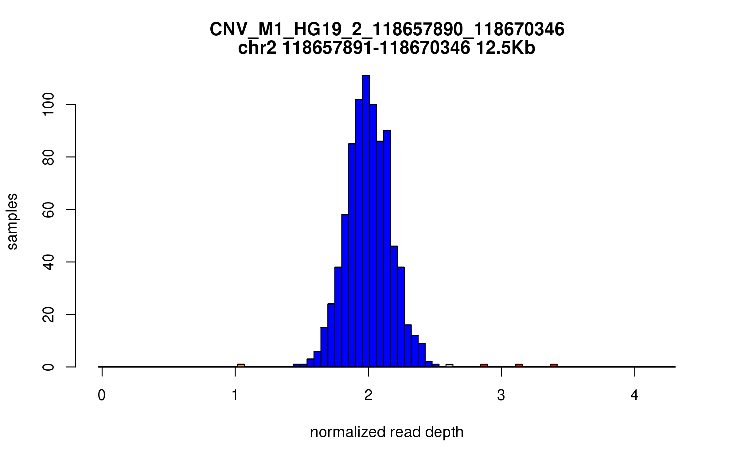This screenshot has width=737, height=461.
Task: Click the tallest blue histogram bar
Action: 366,221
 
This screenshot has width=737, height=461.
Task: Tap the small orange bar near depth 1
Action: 241,365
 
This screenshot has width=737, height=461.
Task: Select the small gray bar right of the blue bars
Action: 449,365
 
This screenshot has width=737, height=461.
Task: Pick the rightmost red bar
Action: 554,365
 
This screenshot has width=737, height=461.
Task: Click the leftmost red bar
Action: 484,365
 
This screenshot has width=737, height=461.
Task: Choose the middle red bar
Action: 519,365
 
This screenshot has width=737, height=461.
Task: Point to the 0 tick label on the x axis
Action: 102,395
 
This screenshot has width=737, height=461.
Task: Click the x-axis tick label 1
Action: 235,395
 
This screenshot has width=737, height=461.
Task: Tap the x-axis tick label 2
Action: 368,395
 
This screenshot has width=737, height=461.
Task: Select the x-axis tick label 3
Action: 501,395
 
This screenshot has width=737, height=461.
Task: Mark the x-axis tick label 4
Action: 634,395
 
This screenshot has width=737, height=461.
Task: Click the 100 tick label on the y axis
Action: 49,105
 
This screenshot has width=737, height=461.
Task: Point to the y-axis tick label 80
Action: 49,157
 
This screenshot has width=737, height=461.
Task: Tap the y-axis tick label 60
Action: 49,210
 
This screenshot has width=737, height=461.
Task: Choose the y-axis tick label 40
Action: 49,262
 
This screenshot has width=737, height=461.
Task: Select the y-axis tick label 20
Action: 49,314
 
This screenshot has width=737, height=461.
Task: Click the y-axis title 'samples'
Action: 12,221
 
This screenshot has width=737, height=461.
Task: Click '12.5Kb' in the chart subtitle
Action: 505,48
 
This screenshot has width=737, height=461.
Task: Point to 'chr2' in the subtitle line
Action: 257,48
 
